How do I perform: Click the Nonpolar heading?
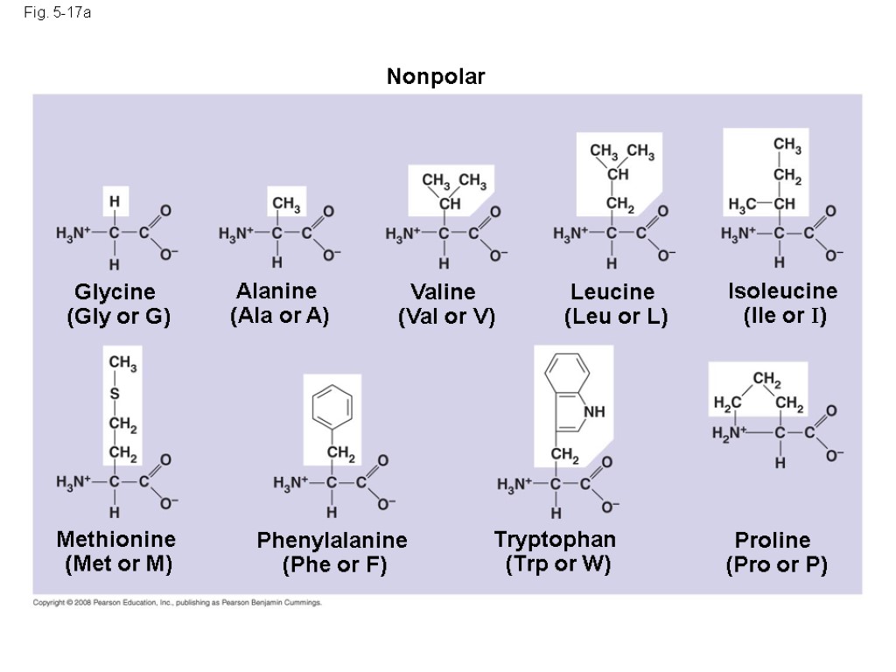coord(436,78)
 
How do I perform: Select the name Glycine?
coord(115,291)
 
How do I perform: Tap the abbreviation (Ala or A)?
coord(279,316)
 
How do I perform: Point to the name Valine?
coord(443,291)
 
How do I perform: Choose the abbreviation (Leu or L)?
coord(616,317)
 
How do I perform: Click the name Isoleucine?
coord(782,290)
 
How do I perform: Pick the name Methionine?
coord(115,539)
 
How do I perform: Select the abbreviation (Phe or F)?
coord(334,565)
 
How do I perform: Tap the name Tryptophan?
coord(555,539)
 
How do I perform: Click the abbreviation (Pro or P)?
coord(776,565)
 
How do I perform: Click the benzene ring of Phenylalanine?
coord(332,408)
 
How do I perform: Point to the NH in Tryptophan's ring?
coord(594,411)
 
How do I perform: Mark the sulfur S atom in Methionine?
coord(114,394)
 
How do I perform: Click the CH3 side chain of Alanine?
coord(286,205)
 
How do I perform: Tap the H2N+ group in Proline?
coord(729,432)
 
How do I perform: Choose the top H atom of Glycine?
coord(114,200)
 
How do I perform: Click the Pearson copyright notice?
coord(178,603)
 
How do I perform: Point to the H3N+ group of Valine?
coord(403,234)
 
